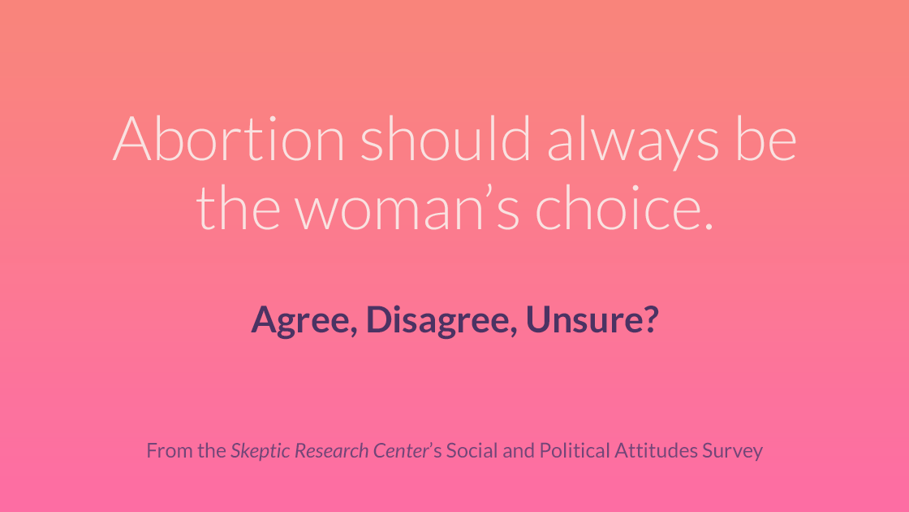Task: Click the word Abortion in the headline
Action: tap(229, 138)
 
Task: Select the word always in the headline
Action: tap(633, 142)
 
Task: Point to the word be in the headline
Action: tap(766, 138)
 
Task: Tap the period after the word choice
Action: tap(709, 227)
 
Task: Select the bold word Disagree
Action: tap(440, 320)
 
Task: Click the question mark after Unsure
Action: tap(651, 319)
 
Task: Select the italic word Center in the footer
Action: tap(401, 450)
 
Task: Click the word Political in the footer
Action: tap(575, 450)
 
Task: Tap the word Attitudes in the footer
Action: tap(657, 450)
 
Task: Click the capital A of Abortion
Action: tap(132, 138)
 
